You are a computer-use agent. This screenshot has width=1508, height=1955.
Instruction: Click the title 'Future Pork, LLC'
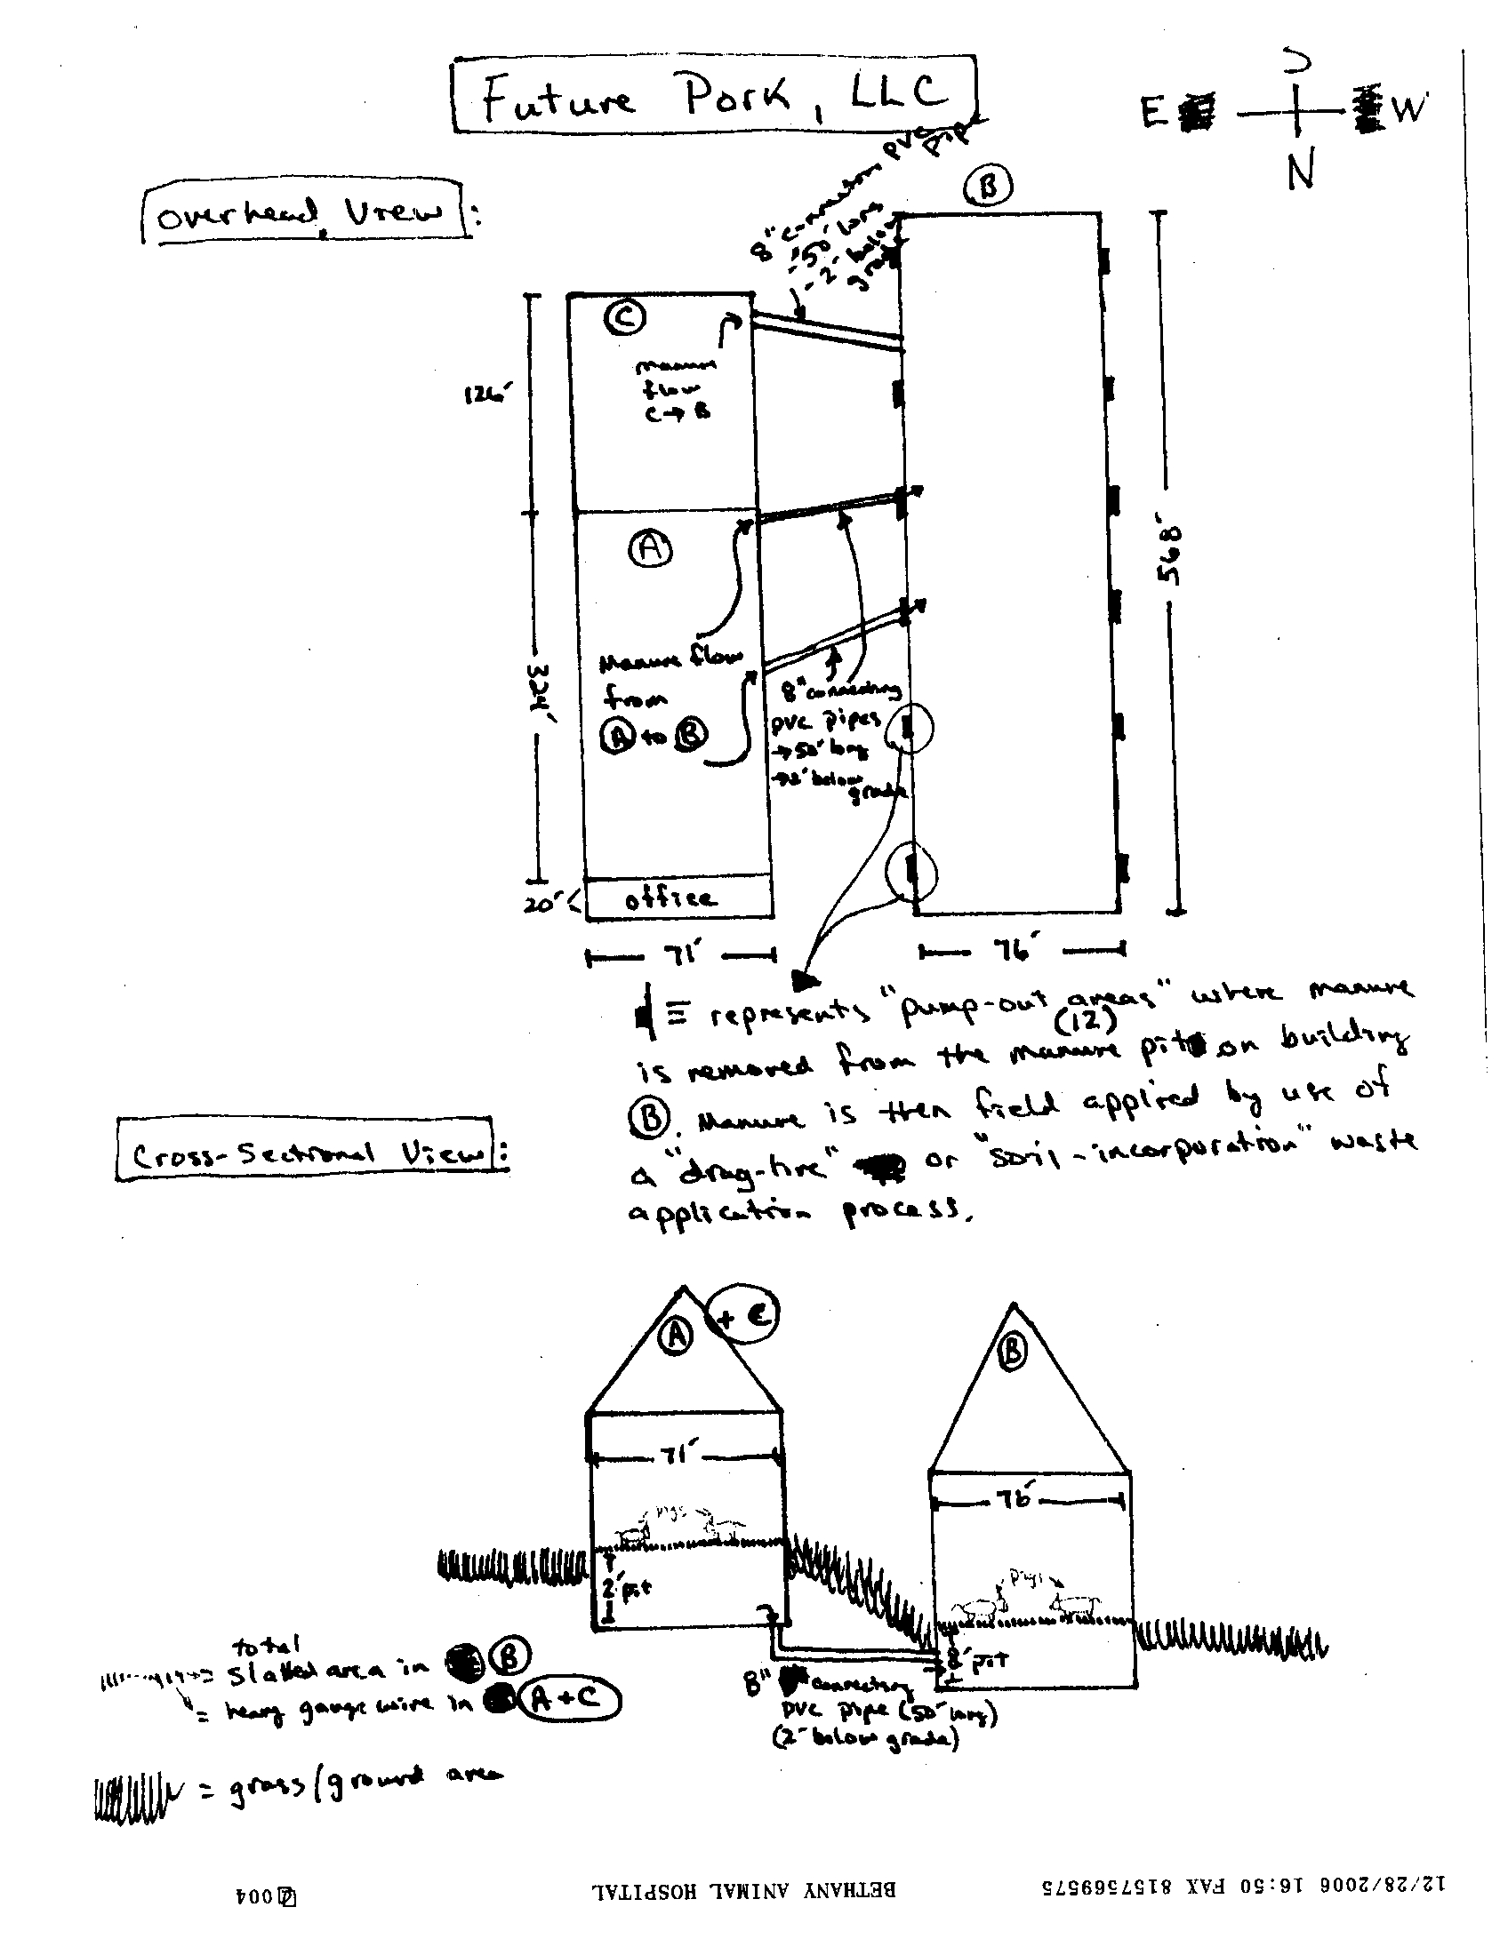click(714, 95)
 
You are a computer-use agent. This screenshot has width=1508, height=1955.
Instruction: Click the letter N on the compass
click(1300, 170)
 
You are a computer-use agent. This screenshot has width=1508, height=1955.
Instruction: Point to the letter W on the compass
click(1408, 108)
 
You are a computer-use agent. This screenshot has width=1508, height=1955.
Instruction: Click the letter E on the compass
click(1152, 113)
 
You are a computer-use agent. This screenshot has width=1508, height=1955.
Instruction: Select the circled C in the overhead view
click(623, 317)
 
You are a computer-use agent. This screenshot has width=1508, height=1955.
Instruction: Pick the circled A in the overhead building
click(650, 547)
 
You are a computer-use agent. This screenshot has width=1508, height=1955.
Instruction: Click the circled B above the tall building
click(988, 188)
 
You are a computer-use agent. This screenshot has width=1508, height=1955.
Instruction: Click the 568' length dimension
click(1171, 555)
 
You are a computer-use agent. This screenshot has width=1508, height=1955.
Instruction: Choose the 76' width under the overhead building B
click(1015, 948)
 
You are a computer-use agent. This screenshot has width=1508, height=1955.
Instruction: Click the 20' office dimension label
click(542, 903)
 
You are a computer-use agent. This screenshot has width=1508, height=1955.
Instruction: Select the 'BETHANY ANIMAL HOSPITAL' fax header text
click(743, 1887)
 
